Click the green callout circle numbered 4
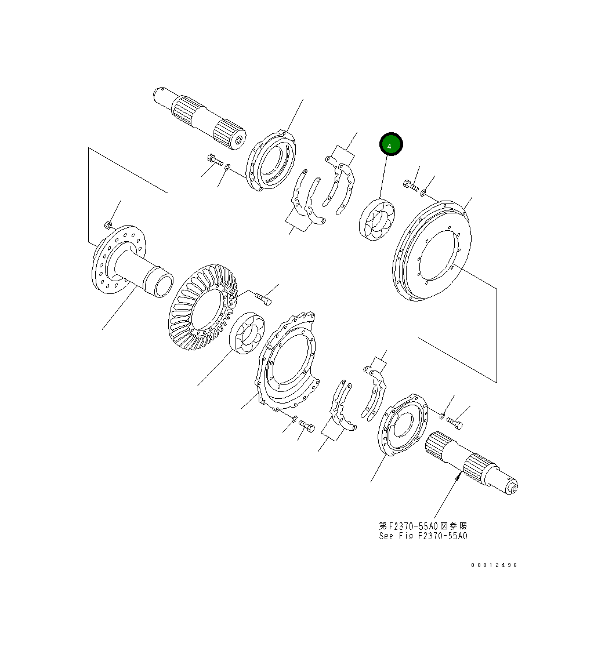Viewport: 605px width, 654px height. (x=390, y=145)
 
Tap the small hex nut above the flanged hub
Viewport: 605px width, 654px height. (x=108, y=224)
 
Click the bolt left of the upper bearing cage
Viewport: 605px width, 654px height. (x=213, y=159)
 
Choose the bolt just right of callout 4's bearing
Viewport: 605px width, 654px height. (x=410, y=186)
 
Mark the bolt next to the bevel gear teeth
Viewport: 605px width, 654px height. (x=263, y=299)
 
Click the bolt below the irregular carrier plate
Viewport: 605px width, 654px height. (x=307, y=427)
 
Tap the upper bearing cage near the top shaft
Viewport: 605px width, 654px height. (x=271, y=160)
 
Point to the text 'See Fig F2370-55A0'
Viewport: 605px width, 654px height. (x=423, y=536)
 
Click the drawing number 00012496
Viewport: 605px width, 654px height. (x=494, y=565)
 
